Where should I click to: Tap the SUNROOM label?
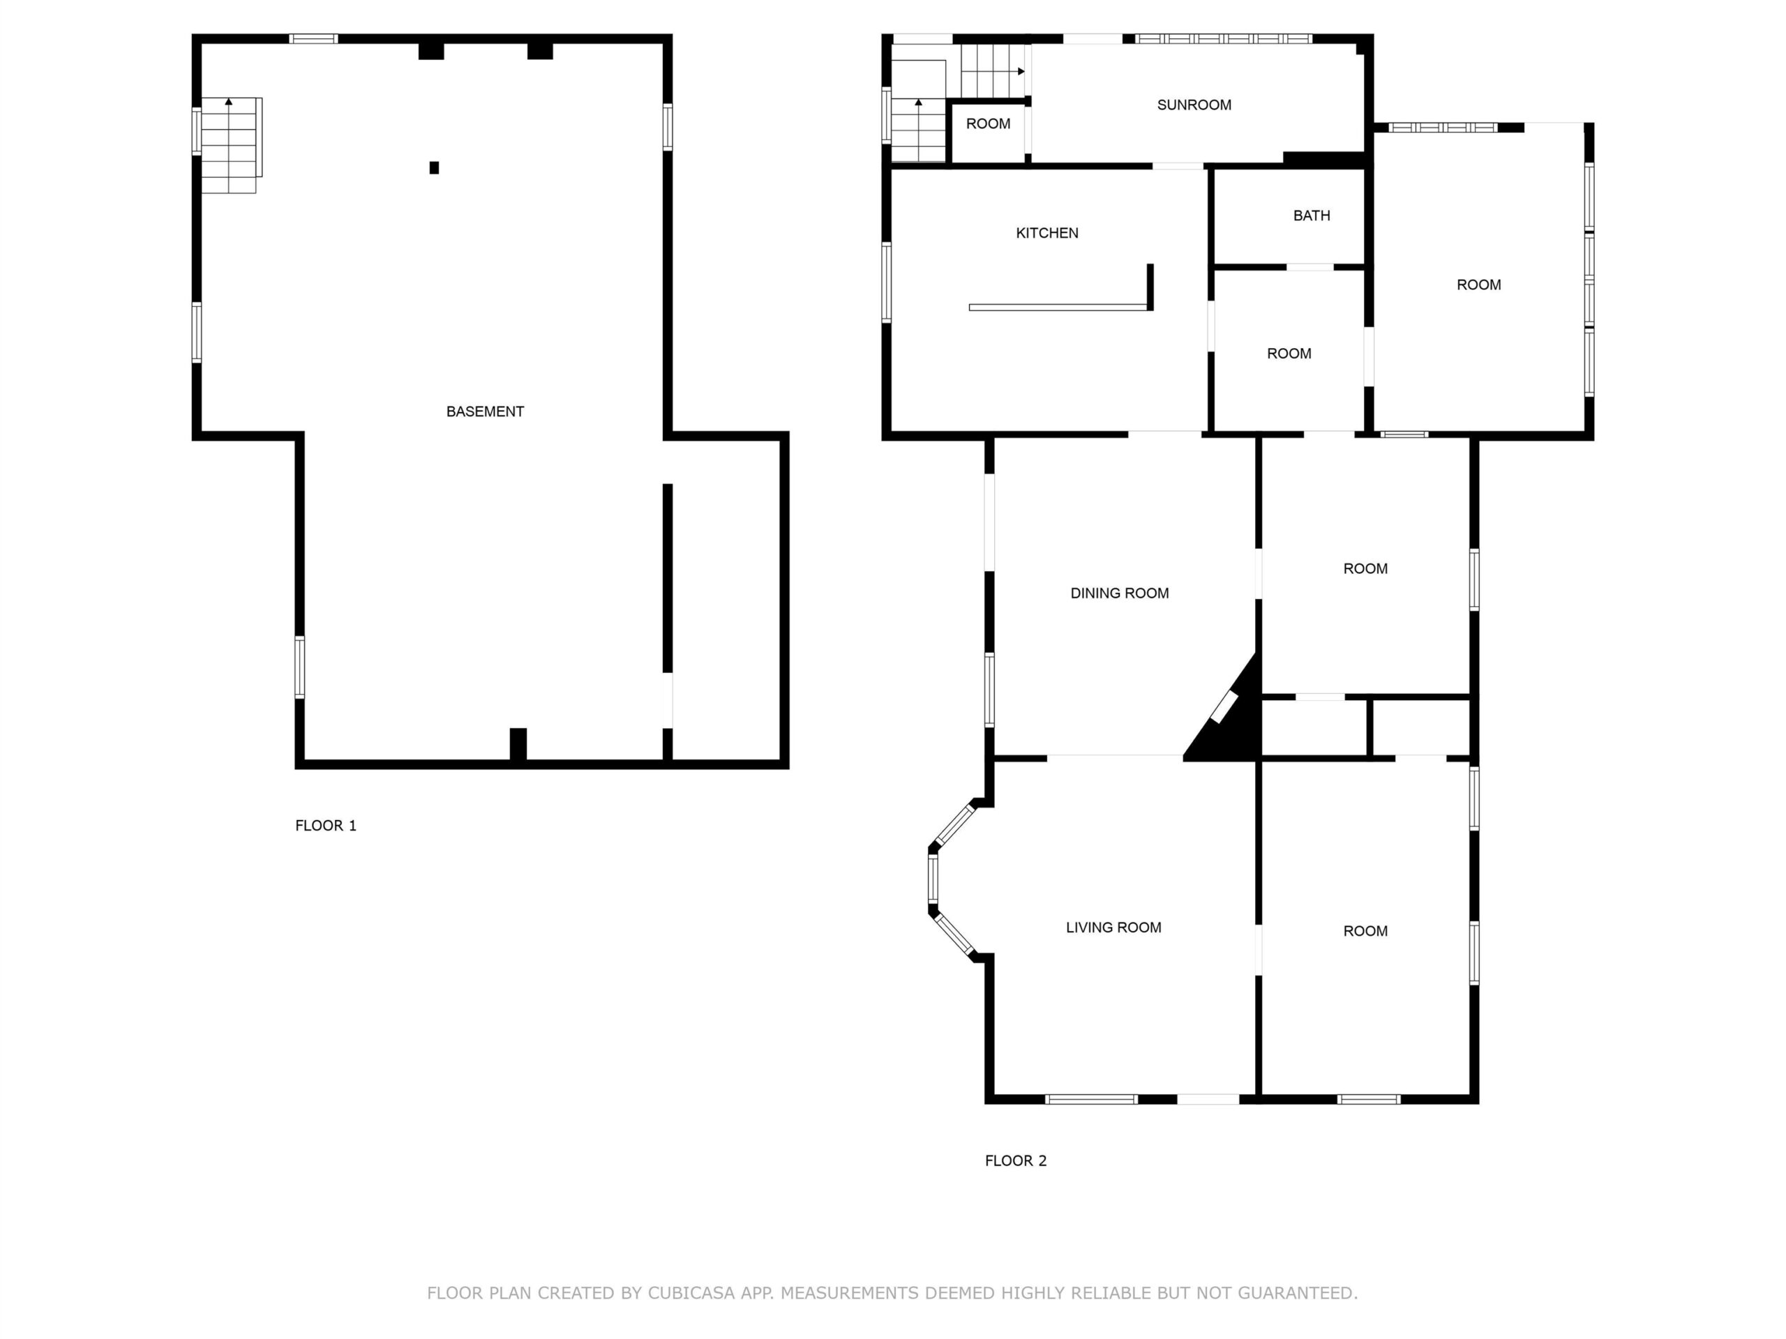point(1194,105)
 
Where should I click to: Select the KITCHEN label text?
point(1046,233)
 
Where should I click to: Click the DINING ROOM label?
point(1119,593)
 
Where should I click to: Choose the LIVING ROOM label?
point(1113,928)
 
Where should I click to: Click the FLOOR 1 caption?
point(325,825)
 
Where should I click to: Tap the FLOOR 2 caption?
point(1015,1160)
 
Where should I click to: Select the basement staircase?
point(230,145)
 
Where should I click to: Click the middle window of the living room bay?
point(933,878)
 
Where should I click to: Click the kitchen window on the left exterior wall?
point(886,282)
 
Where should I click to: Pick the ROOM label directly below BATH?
point(1289,354)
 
